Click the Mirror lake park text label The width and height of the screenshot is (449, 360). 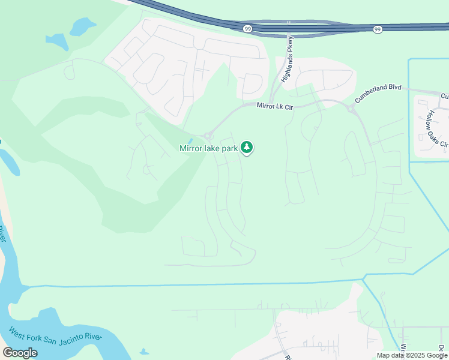tap(209, 148)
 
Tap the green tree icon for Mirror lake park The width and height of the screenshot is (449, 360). tap(247, 148)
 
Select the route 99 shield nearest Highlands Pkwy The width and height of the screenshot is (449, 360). tap(247, 29)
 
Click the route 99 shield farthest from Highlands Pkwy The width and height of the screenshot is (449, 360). tap(378, 29)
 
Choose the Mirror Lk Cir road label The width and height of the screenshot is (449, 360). tap(274, 107)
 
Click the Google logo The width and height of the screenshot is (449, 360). tap(20, 353)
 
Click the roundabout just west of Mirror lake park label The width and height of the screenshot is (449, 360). tap(208, 136)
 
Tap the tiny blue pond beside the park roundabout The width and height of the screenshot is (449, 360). tap(191, 142)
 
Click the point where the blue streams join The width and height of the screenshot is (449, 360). tap(364, 278)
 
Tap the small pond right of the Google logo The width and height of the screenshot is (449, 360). tap(143, 352)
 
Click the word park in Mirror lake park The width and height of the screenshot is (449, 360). tap(229, 148)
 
